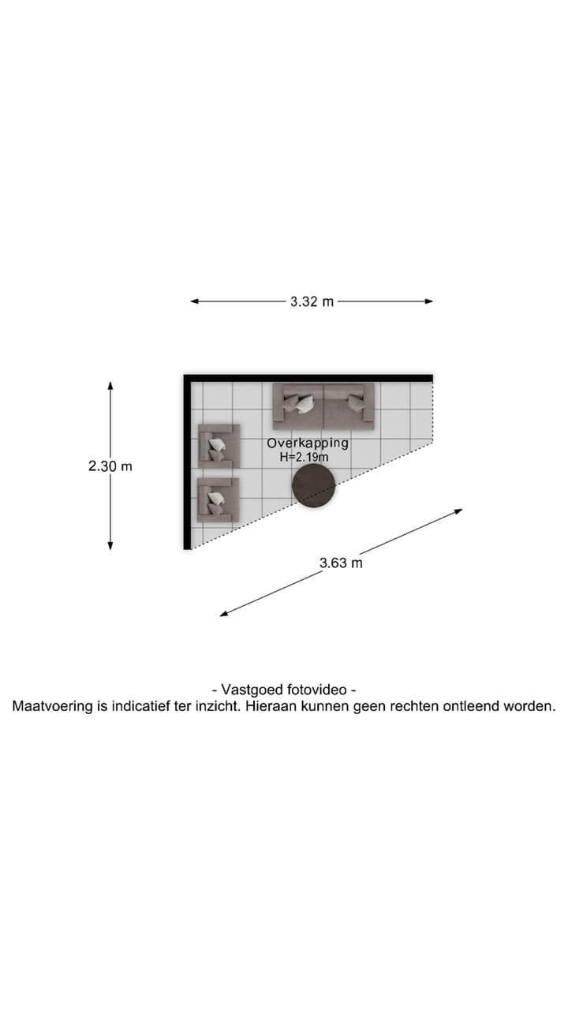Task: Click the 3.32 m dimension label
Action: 312,301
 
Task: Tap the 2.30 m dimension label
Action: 110,466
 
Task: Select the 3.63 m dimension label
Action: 341,563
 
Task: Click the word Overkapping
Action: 308,443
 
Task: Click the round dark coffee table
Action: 314,485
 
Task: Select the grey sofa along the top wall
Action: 323,406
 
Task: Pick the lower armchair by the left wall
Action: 217,499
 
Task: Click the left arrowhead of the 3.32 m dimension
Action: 194,301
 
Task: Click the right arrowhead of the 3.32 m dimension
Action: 430,301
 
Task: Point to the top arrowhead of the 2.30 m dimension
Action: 110,386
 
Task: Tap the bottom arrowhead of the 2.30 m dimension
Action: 110,545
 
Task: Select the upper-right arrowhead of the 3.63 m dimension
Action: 458,511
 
